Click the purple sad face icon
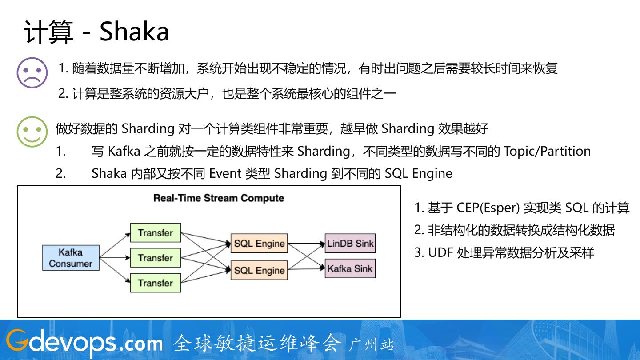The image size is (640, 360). pos(32,72)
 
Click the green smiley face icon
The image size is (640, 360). pos(32,132)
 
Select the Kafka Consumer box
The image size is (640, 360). pos(71,258)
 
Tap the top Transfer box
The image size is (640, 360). pos(155,232)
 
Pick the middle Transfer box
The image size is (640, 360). pos(155,258)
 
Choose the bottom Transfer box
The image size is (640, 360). pos(155,283)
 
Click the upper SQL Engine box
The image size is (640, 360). pos(259,244)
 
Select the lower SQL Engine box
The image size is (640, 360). pos(259,270)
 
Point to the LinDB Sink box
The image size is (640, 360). pos(350,243)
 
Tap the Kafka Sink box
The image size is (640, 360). pos(350,268)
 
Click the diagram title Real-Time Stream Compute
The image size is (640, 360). pos(219,198)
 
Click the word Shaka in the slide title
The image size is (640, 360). pos(134,32)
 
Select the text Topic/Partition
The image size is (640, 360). pos(547,151)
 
